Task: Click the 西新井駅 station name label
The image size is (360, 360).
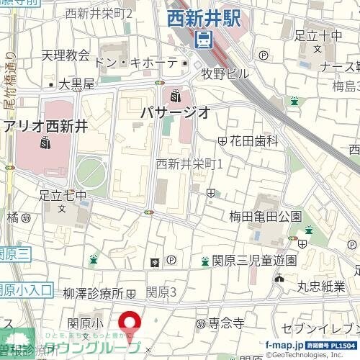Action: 203,19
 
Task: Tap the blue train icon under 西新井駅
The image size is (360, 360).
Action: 204,39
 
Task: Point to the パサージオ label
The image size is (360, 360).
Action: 175,112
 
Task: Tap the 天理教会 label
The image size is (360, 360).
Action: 65,55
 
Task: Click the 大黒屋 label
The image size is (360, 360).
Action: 76,84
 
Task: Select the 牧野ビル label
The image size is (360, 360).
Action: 225,73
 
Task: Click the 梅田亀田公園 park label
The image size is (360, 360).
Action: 265,216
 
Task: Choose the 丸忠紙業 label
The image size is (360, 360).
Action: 323,286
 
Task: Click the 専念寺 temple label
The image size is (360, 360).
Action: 227,324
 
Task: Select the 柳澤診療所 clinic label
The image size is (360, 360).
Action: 94,293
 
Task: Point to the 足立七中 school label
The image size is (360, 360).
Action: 63,194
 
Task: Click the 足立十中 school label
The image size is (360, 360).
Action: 318,35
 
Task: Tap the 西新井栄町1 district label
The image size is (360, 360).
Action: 189,163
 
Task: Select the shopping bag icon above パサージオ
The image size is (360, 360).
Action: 176,94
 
